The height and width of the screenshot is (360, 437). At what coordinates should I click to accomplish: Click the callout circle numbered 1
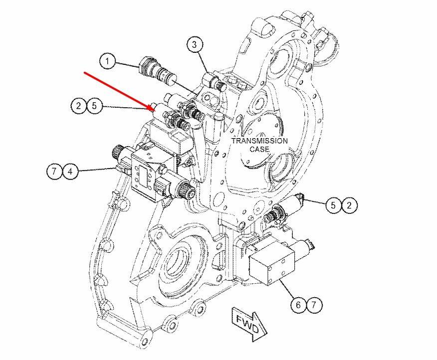pyautogui.click(x=108, y=61)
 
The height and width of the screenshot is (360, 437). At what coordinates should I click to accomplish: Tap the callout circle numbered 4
pyautogui.click(x=70, y=171)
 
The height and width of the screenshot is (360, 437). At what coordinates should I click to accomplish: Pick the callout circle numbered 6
pyautogui.click(x=298, y=305)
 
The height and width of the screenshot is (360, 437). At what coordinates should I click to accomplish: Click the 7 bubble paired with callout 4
pyautogui.click(x=54, y=171)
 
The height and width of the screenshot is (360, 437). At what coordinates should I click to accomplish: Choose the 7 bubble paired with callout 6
pyautogui.click(x=314, y=305)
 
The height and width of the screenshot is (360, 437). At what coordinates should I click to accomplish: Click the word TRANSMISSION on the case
pyautogui.click(x=259, y=141)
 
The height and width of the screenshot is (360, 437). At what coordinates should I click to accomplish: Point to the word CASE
pyautogui.click(x=259, y=149)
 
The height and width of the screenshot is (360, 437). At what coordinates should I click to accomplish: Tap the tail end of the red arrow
pyautogui.click(x=84, y=72)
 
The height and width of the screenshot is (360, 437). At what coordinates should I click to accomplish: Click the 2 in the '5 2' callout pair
pyautogui.click(x=349, y=205)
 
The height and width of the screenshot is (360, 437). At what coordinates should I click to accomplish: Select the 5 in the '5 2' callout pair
pyautogui.click(x=333, y=205)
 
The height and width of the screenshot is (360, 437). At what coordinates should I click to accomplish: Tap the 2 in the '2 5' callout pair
pyautogui.click(x=78, y=106)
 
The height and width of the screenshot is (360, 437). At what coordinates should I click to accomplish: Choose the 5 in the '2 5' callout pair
pyautogui.click(x=94, y=106)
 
